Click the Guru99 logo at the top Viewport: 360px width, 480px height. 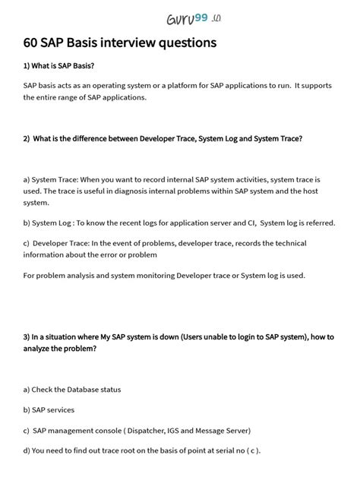point(179,17)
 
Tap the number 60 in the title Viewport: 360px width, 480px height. point(32,43)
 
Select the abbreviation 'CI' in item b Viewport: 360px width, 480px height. point(248,223)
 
